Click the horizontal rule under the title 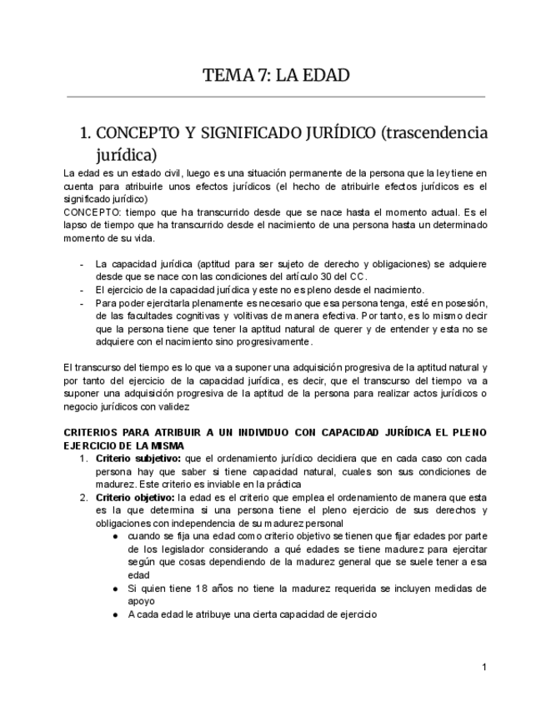274,97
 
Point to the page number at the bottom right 483,669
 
